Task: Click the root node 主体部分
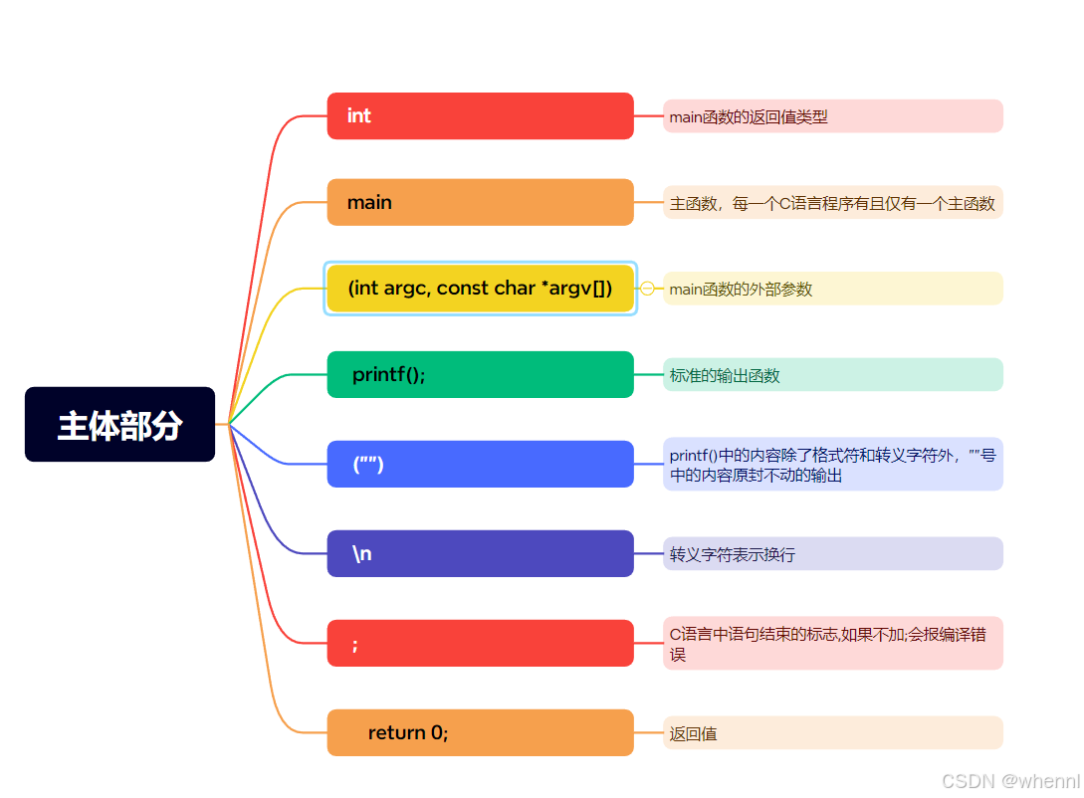tap(119, 425)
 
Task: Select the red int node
tap(480, 116)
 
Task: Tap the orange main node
tap(480, 202)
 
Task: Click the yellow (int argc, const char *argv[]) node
tap(480, 289)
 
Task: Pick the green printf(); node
tap(480, 375)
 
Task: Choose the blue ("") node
tap(480, 464)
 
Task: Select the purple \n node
tap(480, 553)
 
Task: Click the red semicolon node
tap(480, 643)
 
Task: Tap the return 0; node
tap(480, 732)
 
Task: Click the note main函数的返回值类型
tap(832, 116)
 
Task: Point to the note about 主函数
tap(832, 203)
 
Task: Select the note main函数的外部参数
tap(832, 289)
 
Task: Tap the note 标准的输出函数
tap(832, 375)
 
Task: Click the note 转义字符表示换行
tap(832, 554)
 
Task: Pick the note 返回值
tap(832, 733)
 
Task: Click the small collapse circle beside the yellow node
tap(647, 289)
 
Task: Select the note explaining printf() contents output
tap(832, 465)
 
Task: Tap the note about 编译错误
tap(832, 643)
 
